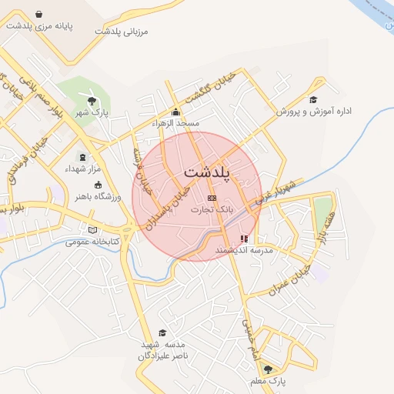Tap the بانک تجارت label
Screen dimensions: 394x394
point(212,209)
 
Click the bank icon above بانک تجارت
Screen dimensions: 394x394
point(212,198)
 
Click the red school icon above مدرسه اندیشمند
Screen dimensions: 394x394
point(245,239)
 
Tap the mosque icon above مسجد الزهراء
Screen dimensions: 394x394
point(175,112)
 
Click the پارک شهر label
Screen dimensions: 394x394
point(90,112)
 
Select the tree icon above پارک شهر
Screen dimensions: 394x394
point(92,101)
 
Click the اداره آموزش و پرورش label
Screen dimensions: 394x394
point(314,112)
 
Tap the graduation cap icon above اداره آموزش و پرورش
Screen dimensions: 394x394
point(313,99)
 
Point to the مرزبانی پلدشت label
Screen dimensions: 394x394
point(121,32)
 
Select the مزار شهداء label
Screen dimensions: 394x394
point(81,168)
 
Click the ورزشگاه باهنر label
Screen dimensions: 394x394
point(97,195)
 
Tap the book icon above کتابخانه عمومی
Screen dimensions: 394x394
point(93,229)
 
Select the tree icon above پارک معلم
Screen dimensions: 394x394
point(268,369)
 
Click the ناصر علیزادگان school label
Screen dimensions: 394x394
point(163,356)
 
